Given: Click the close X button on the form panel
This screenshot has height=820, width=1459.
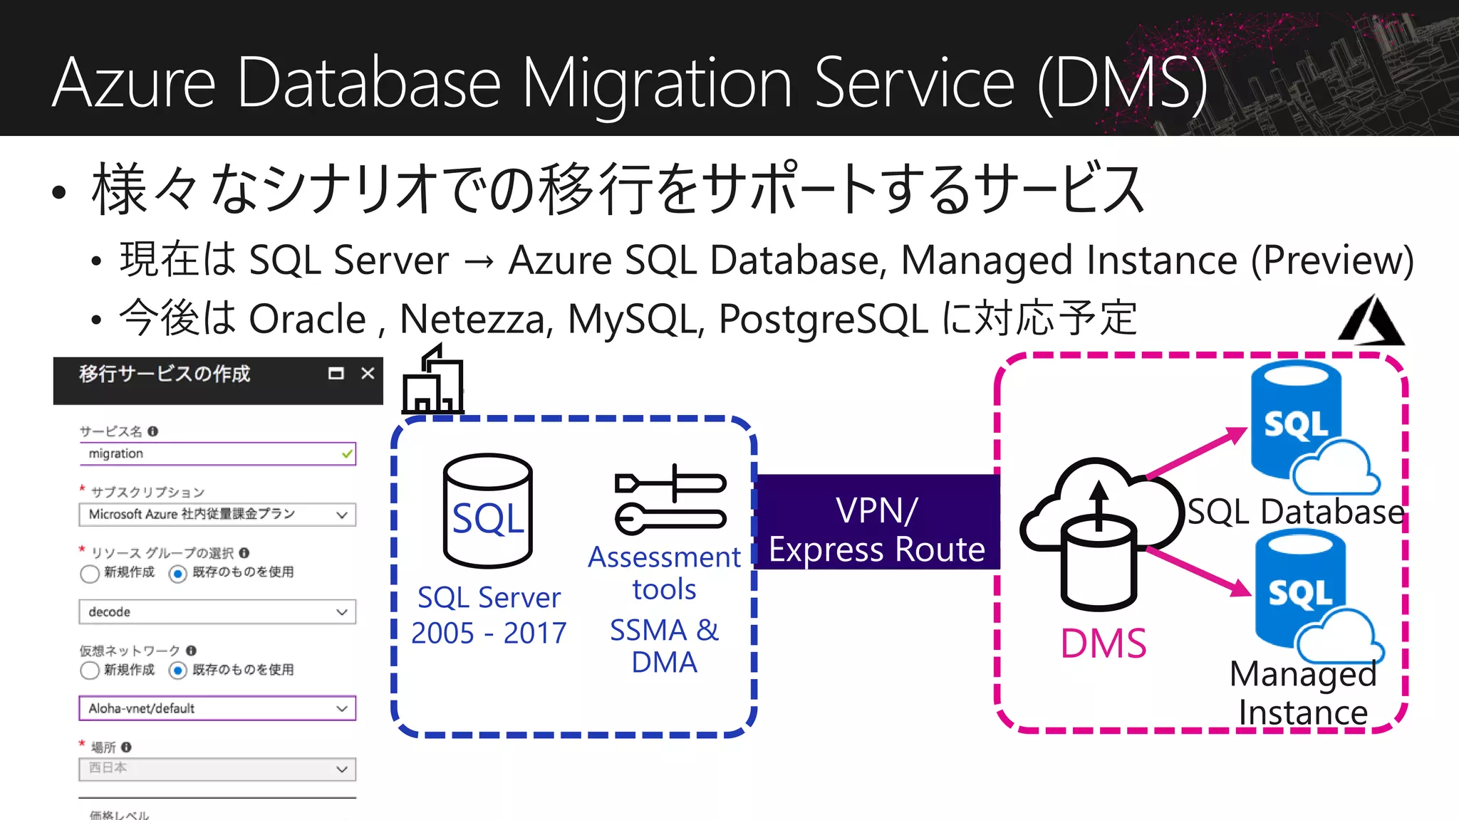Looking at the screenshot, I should (368, 374).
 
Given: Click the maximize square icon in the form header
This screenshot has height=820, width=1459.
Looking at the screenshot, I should (336, 374).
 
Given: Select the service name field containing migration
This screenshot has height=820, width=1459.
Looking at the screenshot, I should (217, 454).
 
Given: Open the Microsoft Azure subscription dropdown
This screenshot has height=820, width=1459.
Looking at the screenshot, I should (217, 515).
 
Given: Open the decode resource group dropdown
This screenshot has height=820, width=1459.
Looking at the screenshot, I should (217, 612).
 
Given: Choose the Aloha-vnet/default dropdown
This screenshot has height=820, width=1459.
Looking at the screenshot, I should (217, 709).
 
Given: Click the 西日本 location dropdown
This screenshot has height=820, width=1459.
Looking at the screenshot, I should (217, 769).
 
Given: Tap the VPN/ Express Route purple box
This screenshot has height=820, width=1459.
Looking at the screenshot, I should (877, 522).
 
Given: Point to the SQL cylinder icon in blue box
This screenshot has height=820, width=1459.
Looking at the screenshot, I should (488, 510).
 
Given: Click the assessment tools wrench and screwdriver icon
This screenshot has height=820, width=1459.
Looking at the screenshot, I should (670, 500).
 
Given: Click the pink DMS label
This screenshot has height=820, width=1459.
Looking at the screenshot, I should (1103, 644).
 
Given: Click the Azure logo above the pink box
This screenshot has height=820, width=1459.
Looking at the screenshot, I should (1371, 322).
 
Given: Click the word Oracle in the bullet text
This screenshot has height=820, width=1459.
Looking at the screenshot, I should (307, 318).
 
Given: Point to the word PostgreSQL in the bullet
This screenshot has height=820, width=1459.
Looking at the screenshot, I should (824, 318).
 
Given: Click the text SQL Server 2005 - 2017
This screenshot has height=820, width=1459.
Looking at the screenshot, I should (489, 615).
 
